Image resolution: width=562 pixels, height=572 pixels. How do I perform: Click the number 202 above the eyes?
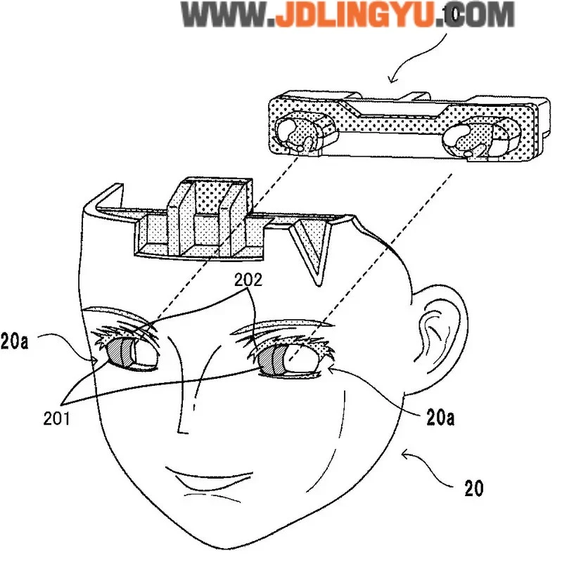[x=250, y=280]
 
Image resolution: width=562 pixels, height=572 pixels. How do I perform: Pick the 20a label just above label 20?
[x=440, y=419]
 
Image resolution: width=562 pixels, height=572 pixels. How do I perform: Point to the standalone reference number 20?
[x=473, y=488]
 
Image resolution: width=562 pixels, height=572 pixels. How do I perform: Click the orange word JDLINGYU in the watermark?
[x=354, y=15]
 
